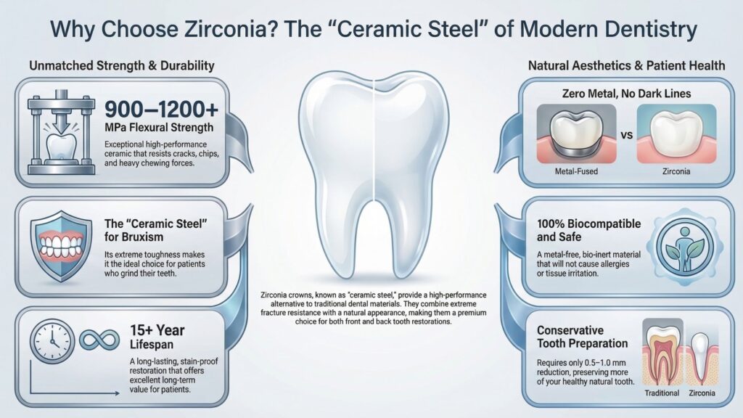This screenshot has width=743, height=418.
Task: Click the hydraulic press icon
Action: (62, 134)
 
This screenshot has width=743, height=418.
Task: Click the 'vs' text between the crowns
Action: (625, 136)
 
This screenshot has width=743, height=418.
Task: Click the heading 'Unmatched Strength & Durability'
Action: (122, 66)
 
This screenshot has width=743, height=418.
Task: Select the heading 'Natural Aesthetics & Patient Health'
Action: (626, 66)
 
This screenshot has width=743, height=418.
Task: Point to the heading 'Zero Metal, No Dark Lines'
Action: (626, 94)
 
